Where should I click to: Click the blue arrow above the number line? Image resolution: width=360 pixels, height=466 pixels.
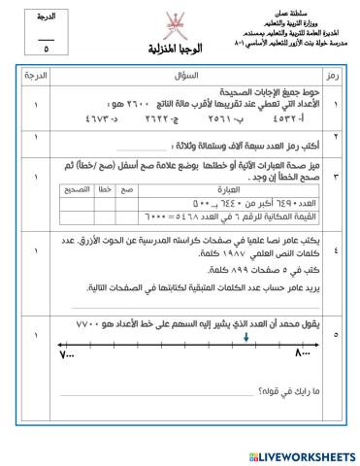click(x=246, y=338)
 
